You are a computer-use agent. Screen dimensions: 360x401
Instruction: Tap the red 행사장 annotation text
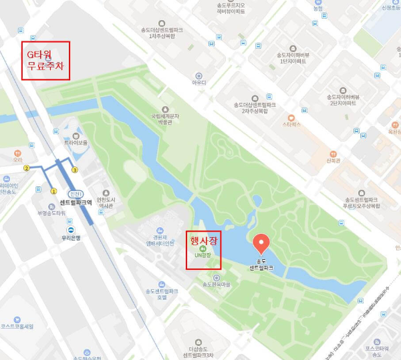204,238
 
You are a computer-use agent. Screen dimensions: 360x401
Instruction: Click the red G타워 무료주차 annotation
45,60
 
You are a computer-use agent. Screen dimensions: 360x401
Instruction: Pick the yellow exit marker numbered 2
27,168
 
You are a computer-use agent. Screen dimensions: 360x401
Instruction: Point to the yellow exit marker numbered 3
75,170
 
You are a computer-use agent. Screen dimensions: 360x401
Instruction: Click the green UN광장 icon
203,248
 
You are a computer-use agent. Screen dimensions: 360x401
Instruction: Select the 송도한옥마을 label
216,285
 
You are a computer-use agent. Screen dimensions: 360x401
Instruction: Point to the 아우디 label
198,83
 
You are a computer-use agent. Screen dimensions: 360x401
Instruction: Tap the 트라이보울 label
76,143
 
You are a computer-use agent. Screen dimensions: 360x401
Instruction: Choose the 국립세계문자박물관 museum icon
165,109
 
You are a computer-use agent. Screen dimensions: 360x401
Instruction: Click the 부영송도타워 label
51,213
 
